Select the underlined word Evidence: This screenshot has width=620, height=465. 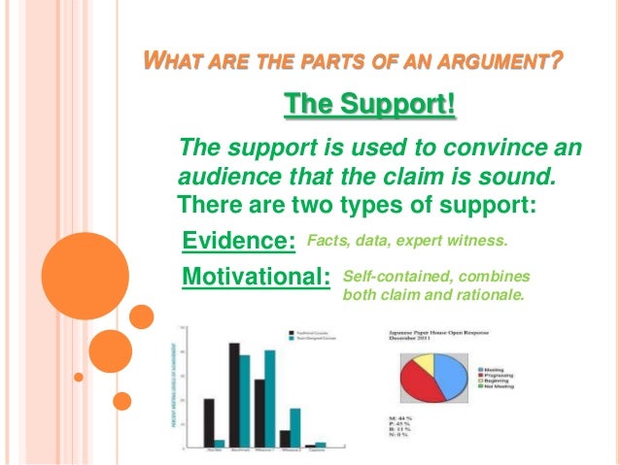click(x=239, y=241)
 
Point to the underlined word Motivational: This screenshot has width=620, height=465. click(x=257, y=277)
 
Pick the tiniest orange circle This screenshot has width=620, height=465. click(x=121, y=400)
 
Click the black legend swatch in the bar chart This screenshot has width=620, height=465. click(x=292, y=332)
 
